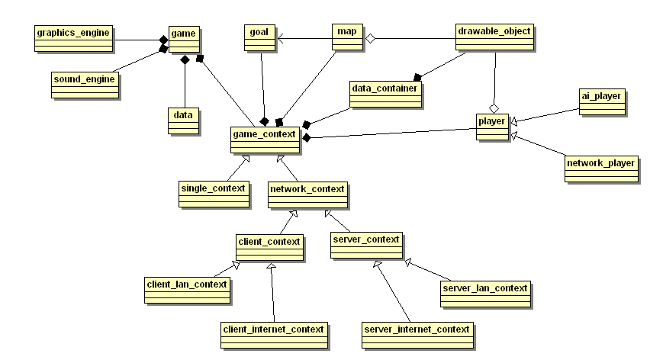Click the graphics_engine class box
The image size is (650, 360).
75,38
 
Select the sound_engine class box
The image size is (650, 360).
85,85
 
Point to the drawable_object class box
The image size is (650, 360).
494,38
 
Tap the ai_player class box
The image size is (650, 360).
602,101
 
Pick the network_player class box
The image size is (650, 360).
601,168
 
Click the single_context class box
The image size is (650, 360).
214,194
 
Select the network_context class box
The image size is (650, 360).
307,194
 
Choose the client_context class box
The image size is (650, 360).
269,246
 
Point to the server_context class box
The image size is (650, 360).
366,245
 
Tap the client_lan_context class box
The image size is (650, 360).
187,290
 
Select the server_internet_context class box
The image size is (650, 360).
417,335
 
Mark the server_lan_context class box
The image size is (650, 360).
485,294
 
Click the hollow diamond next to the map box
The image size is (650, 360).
371,37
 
